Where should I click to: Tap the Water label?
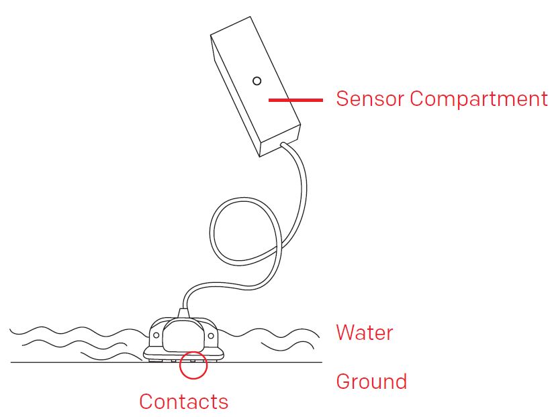(364, 332)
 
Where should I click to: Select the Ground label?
(371, 381)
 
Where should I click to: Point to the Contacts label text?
(183, 402)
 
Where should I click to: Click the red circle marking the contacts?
(193, 365)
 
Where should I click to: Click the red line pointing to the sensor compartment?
(295, 100)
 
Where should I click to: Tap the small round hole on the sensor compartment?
(257, 81)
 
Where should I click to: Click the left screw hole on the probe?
(154, 333)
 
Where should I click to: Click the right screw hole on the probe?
(211, 333)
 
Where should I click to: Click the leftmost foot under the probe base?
(152, 360)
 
